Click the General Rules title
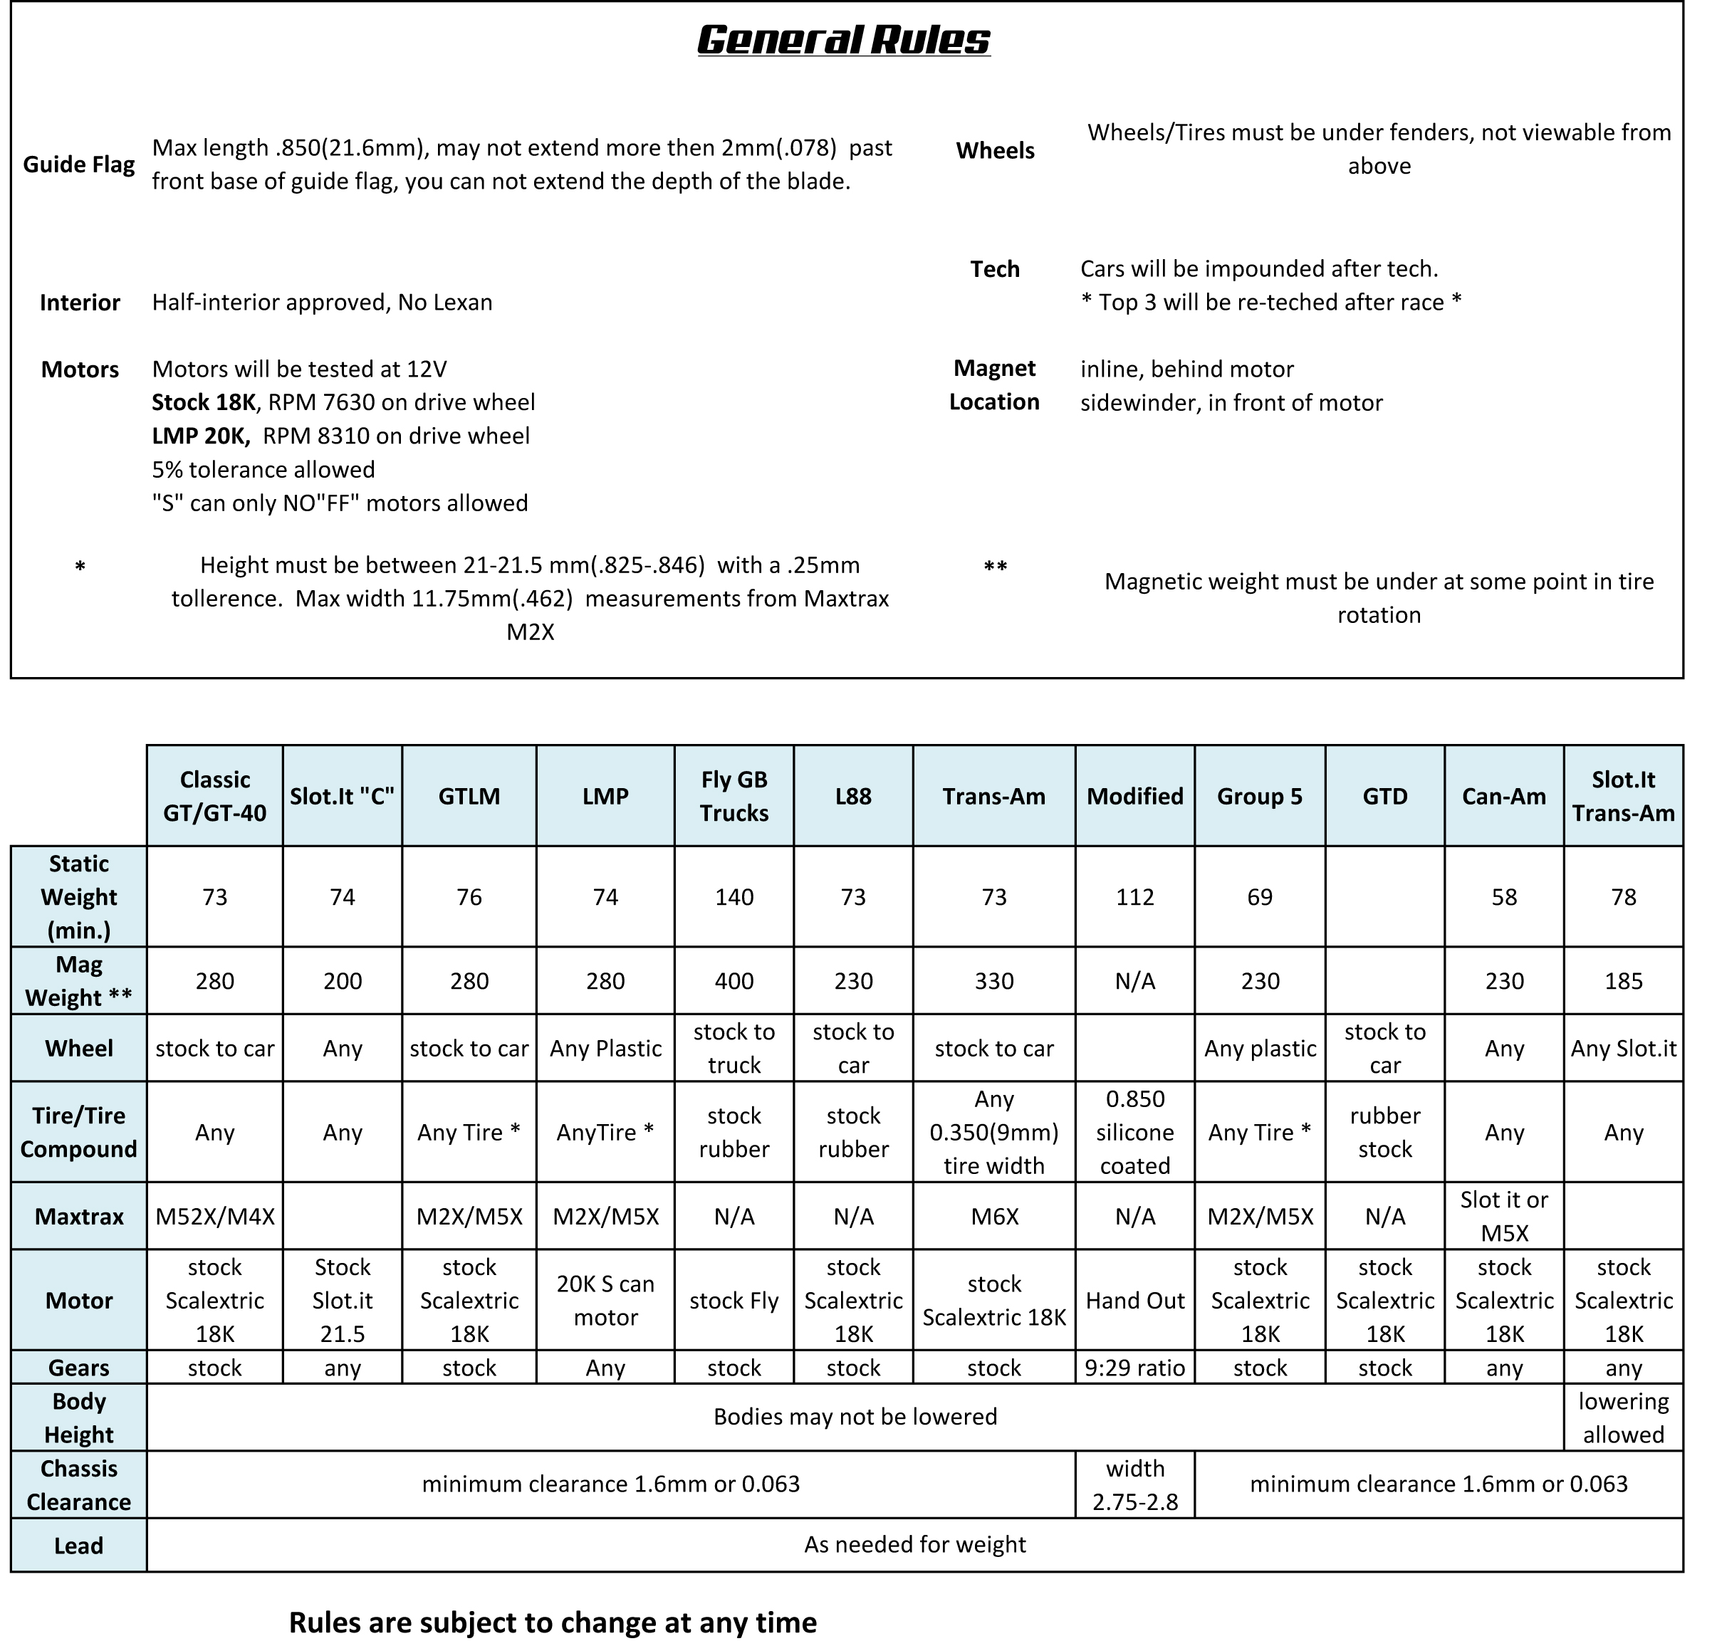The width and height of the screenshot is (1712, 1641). point(843,40)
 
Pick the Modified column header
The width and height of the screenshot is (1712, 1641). point(1134,796)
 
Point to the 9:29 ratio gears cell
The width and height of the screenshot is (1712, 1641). point(1134,1368)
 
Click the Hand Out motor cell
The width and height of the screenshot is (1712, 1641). point(1134,1301)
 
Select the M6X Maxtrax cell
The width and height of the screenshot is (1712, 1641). point(994,1217)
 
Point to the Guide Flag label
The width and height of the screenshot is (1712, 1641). point(78,164)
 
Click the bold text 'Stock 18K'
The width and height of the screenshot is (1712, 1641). point(204,403)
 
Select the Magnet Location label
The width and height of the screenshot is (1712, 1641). point(994,385)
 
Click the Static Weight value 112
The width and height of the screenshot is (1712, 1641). point(1134,897)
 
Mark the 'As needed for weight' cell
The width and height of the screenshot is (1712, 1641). point(914,1545)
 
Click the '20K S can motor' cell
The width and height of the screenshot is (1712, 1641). point(605,1301)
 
